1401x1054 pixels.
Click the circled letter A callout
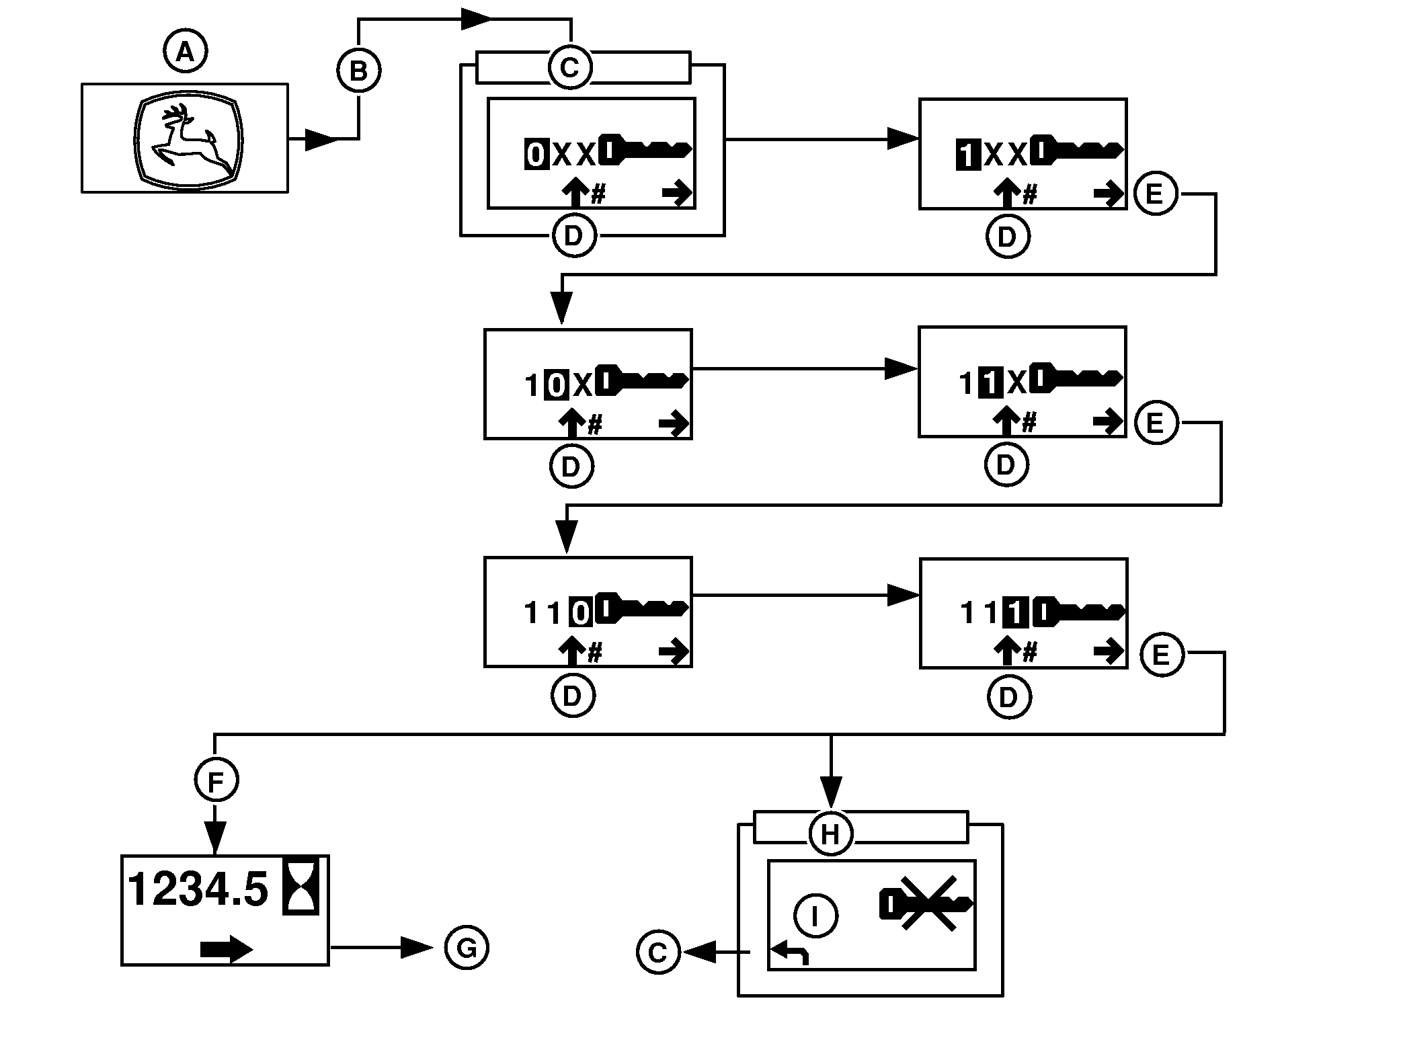coord(186,52)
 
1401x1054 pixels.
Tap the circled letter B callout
coord(358,71)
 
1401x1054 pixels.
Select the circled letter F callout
coord(216,780)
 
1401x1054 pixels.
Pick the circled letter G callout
coord(467,948)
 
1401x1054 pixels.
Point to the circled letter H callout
coord(831,834)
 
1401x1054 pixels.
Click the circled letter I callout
coord(815,916)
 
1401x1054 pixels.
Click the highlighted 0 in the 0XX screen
coord(536,155)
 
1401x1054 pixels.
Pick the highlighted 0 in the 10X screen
coord(556,385)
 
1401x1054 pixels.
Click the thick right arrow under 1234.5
coord(227,949)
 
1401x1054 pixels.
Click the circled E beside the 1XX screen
coord(1156,194)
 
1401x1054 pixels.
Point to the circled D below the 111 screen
coord(1008,698)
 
